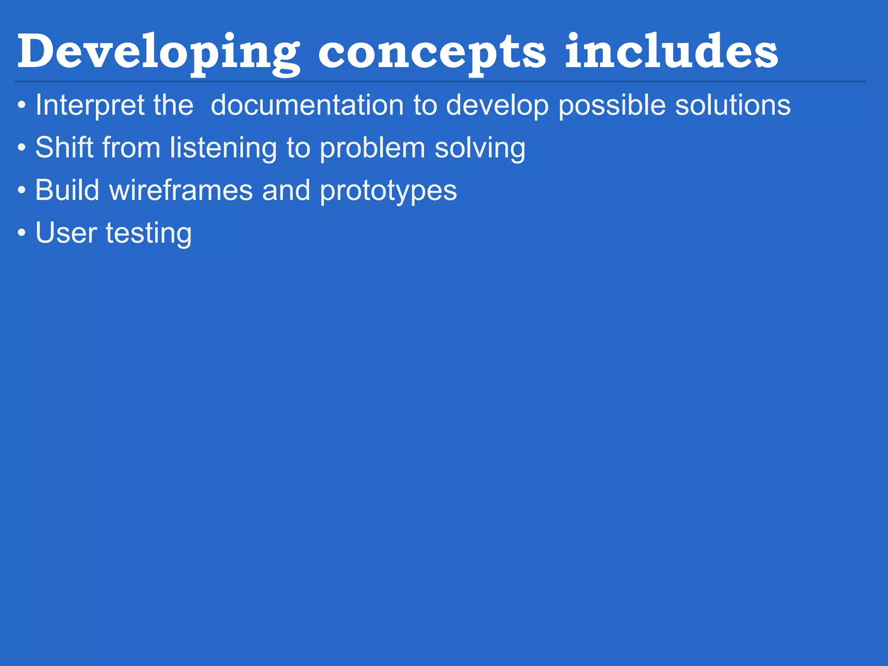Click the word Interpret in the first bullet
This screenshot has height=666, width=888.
(89, 105)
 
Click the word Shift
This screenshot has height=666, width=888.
(64, 147)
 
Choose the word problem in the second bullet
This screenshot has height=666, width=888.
(372, 148)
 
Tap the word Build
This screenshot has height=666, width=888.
(67, 190)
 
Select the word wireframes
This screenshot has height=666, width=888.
(181, 190)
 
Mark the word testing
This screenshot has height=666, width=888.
(149, 233)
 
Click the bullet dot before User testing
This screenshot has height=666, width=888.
(22, 233)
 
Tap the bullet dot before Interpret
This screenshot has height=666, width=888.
(22, 106)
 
